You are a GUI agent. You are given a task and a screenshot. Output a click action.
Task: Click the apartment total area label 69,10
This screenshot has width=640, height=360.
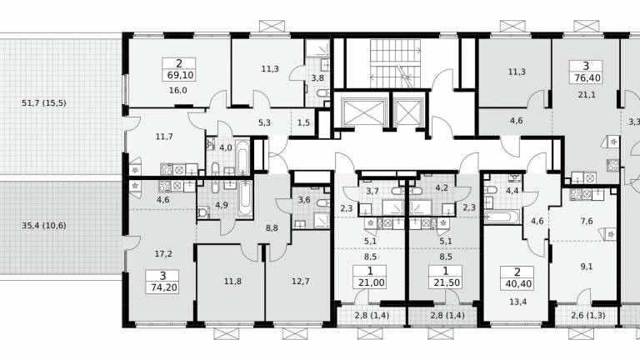[x=180, y=76]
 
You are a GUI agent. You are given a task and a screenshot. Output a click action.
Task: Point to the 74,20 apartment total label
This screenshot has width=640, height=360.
[x=164, y=287]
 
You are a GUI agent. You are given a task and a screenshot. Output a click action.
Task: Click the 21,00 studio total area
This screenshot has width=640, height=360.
[x=371, y=282]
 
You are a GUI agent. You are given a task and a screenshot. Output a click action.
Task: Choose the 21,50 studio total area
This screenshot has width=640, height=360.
[x=447, y=282]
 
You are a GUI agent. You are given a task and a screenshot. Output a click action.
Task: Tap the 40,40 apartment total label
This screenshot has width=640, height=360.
[x=518, y=283]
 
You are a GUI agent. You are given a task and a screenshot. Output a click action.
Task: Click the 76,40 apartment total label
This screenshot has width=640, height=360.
[x=587, y=77]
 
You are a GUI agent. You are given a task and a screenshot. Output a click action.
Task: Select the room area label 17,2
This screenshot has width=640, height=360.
[x=163, y=254]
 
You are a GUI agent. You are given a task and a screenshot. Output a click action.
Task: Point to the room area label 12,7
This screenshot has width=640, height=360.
[x=301, y=281]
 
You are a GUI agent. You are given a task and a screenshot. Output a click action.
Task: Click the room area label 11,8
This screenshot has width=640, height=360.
[x=232, y=281]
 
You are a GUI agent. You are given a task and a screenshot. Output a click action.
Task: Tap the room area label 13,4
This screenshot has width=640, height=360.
[x=517, y=302]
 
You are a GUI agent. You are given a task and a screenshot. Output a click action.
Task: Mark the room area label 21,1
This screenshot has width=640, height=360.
[x=587, y=95]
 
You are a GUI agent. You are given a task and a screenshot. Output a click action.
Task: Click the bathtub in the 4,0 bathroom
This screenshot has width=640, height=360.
[x=242, y=157]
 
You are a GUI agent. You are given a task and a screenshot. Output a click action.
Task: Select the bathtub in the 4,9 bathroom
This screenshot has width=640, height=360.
[x=245, y=199]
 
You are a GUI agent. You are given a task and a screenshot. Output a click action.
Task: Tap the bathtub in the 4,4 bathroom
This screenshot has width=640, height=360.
[x=502, y=217]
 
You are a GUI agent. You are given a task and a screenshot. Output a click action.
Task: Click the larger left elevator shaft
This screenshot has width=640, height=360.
[x=364, y=112]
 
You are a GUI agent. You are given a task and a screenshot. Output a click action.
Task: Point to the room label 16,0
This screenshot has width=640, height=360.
[x=178, y=91]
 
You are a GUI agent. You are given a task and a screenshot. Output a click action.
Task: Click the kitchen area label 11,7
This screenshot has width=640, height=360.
[x=164, y=137]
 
